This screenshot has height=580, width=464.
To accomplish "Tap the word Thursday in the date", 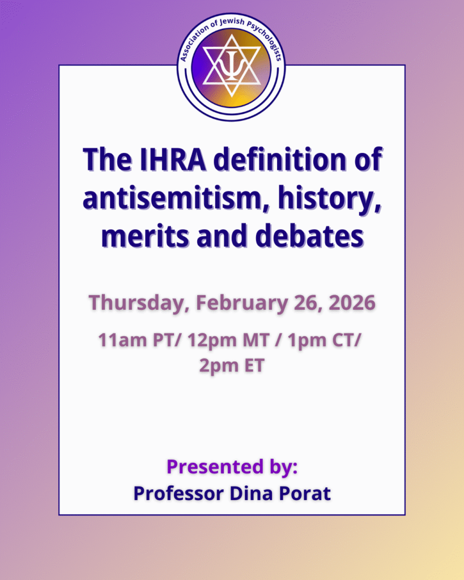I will [136, 302].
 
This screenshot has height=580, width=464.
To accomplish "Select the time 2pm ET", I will [232, 365].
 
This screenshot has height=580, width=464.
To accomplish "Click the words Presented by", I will [232, 467].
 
